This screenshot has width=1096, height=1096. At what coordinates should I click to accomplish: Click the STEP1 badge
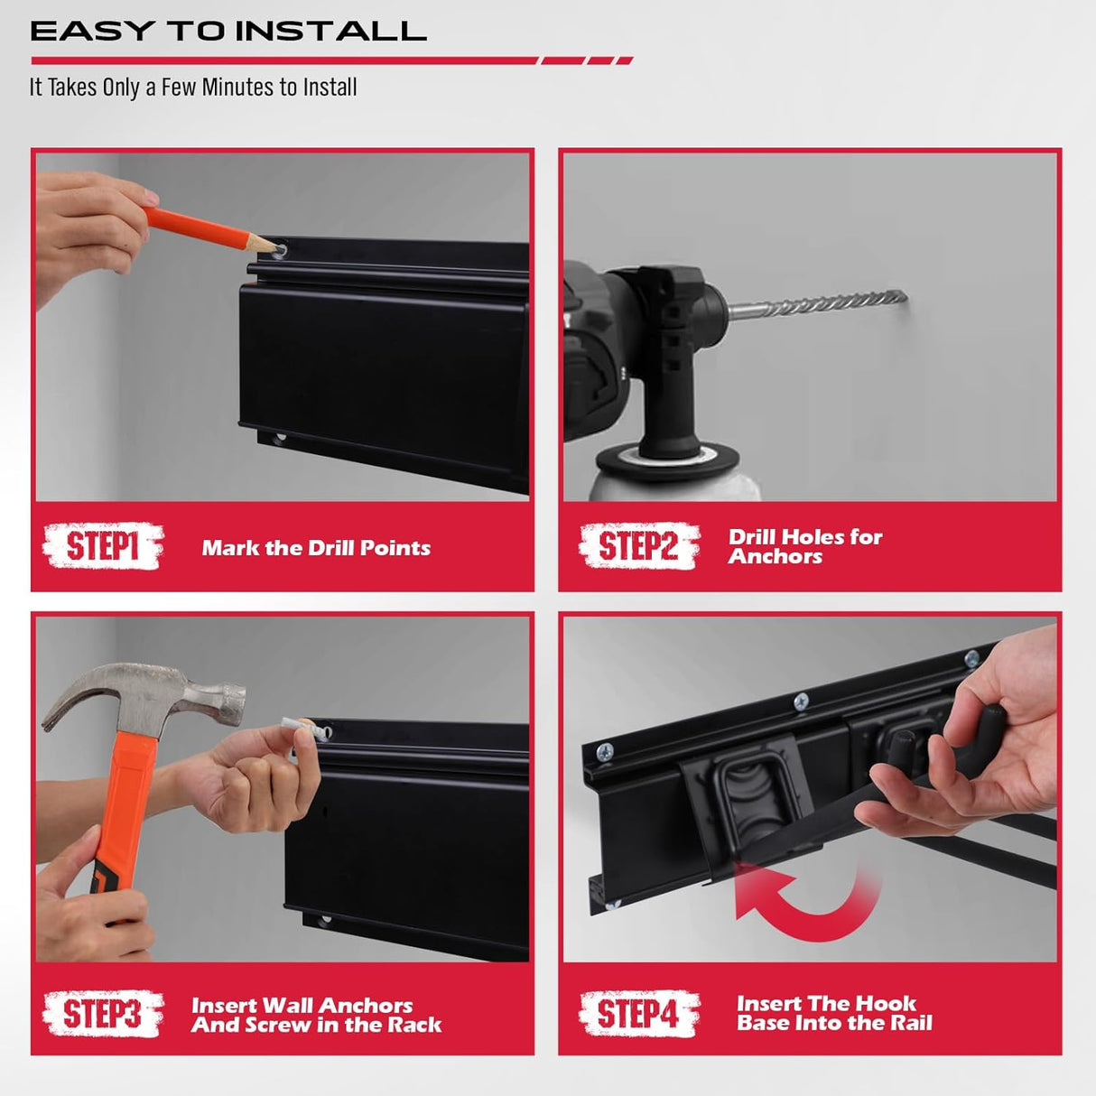coord(102,546)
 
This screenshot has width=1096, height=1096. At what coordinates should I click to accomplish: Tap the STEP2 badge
coord(638,546)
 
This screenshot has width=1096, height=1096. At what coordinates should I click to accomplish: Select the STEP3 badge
coord(102,1013)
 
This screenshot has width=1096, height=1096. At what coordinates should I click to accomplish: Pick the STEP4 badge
coord(638,1013)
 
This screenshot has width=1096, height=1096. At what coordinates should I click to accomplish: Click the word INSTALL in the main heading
coord(330,32)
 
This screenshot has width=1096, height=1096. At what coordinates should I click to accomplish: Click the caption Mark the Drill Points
coord(316,548)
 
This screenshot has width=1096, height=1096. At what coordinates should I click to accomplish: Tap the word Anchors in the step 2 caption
coord(776,557)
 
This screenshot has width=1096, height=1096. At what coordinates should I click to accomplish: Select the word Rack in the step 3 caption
coord(414,1025)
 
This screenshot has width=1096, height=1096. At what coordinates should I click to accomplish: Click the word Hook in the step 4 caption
coord(886,1003)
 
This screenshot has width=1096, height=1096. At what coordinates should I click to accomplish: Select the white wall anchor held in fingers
coord(295,729)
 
